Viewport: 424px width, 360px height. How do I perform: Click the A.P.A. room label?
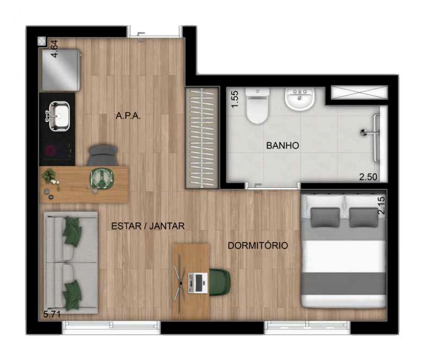click(x=128, y=116)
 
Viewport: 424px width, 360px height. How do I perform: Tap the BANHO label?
click(x=282, y=146)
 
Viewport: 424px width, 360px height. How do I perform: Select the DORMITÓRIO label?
click(x=258, y=246)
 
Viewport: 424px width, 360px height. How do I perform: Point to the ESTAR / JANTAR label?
click(x=148, y=226)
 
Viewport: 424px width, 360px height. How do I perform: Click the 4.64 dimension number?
click(x=55, y=49)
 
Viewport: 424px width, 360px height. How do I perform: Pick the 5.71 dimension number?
click(x=52, y=314)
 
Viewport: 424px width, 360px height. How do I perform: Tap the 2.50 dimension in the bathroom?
click(x=368, y=177)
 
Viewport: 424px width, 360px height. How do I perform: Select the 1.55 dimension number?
click(x=235, y=99)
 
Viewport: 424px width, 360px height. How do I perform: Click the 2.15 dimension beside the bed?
click(x=381, y=205)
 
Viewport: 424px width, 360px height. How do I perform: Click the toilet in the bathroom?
click(x=257, y=106)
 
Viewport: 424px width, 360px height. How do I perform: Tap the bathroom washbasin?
click(x=299, y=99)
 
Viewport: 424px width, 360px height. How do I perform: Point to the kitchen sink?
click(x=59, y=116)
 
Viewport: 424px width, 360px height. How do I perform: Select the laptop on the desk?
click(x=198, y=283)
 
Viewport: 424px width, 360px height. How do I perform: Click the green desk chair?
click(x=219, y=282)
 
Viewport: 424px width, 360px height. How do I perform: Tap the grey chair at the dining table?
click(x=103, y=156)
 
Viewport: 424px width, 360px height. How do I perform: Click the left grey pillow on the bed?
click(x=325, y=217)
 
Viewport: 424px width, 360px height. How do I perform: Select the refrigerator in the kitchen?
click(x=60, y=70)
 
